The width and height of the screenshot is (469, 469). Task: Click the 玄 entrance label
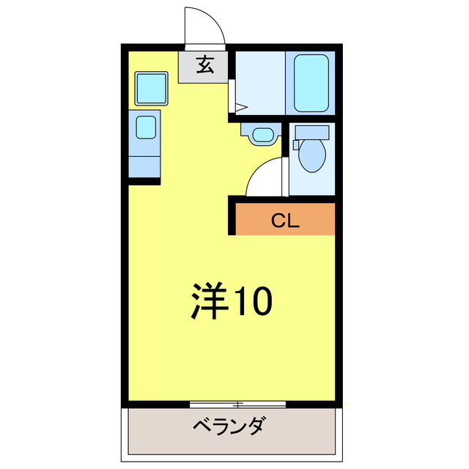click(x=205, y=66)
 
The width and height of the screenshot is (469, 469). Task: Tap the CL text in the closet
click(x=285, y=220)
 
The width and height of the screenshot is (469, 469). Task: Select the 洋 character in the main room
click(x=209, y=300)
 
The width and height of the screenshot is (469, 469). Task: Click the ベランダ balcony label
click(x=229, y=426)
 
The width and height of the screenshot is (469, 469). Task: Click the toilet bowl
click(x=313, y=155)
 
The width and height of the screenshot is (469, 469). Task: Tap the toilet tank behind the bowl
click(x=313, y=133)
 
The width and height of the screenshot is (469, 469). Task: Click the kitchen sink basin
click(x=147, y=128)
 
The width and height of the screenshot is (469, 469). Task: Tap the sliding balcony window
click(x=237, y=404)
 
